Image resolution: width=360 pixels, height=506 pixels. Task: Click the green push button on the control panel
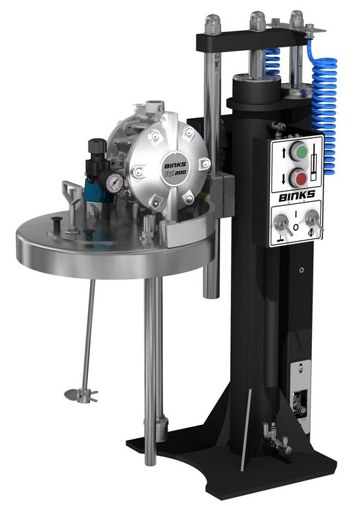pyautogui.click(x=298, y=151)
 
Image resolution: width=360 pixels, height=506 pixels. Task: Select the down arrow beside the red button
pyautogui.click(x=284, y=179)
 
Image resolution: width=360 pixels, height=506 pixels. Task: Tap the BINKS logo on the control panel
pyautogui.click(x=297, y=195)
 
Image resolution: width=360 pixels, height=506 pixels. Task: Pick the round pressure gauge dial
pyautogui.click(x=115, y=182)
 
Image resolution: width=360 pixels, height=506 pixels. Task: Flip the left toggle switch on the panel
pyautogui.click(x=282, y=223)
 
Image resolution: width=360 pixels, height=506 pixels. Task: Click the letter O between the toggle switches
pyautogui.click(x=295, y=227)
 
